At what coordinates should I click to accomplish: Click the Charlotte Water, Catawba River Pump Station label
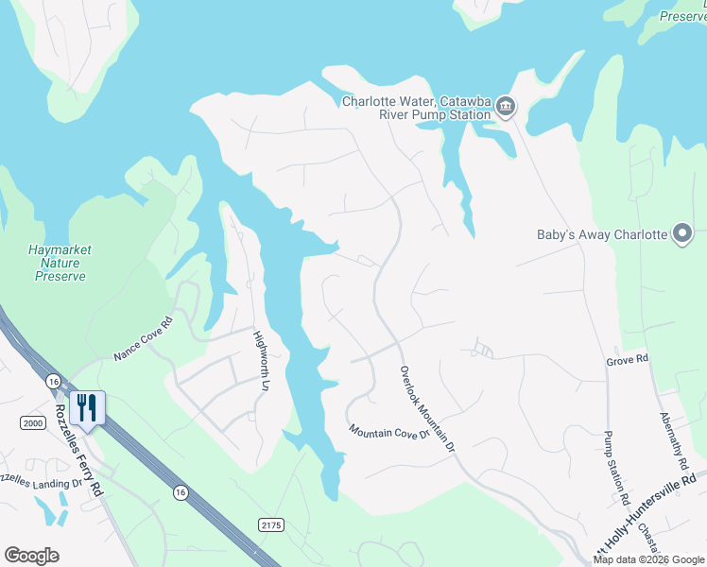416,108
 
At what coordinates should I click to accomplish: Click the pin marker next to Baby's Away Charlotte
682,234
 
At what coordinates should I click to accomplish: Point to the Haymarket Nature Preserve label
60,263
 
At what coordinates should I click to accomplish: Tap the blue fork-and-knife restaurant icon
87,409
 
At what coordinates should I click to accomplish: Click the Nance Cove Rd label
144,338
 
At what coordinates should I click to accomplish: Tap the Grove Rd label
628,360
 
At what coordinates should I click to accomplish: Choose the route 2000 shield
33,423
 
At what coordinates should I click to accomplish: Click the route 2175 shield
270,524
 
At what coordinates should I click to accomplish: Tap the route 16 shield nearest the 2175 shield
179,491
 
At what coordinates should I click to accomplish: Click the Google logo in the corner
31,556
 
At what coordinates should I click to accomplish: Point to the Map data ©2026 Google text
647,559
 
